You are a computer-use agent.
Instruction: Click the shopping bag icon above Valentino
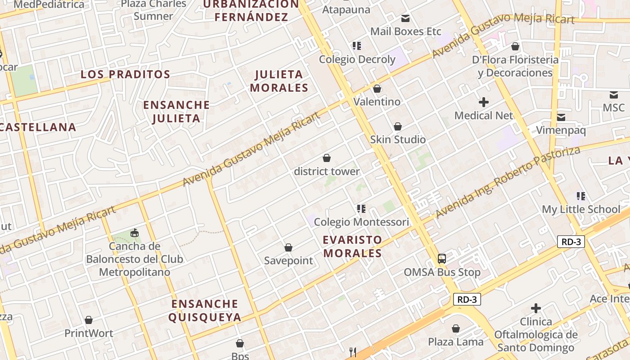coord(377,89)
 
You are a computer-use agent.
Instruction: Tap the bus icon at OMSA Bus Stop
coord(442,259)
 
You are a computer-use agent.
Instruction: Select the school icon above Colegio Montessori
coord(361,209)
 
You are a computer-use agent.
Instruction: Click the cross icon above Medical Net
coord(484,102)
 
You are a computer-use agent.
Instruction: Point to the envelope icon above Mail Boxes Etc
coord(405,18)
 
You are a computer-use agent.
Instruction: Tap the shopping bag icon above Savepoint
coord(288,247)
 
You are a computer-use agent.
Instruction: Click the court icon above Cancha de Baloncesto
coord(134,233)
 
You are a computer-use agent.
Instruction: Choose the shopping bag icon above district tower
coord(327,158)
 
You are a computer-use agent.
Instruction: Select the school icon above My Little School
coord(581,196)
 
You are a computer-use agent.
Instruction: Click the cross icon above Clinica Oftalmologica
coord(535,308)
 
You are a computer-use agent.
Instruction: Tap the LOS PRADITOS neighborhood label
coord(126,74)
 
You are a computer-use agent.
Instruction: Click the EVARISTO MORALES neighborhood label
coord(352,246)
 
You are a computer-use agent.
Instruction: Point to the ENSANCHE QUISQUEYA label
coord(205,310)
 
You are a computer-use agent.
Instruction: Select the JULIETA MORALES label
coord(279,81)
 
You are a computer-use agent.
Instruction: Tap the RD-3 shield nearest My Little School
coord(571,242)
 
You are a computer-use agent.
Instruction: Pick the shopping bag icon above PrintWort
coord(89,320)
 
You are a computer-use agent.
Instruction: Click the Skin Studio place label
coord(398,139)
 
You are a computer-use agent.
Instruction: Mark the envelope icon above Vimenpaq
coord(561,117)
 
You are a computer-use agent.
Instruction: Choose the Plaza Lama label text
coord(455,342)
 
